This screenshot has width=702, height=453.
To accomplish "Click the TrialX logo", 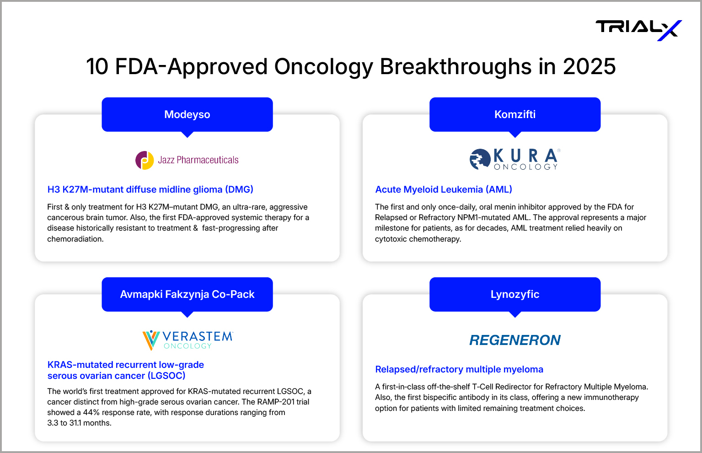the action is [x=638, y=30].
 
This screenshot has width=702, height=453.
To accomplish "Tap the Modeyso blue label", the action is [x=187, y=115].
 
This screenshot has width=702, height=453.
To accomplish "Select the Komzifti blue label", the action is [x=515, y=115].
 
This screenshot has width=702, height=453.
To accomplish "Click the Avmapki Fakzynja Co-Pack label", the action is [x=187, y=294].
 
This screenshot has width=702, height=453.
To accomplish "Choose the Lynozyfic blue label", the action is [x=515, y=294].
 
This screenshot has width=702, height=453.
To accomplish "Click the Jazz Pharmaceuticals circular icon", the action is [x=145, y=160].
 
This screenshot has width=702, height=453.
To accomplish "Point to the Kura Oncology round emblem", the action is [x=480, y=159].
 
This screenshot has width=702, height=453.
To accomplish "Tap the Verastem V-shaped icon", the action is [x=151, y=340].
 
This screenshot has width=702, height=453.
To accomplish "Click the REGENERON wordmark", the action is [x=515, y=340].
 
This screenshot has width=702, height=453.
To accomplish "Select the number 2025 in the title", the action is [x=589, y=66].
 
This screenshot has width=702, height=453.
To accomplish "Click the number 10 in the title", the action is [x=97, y=66].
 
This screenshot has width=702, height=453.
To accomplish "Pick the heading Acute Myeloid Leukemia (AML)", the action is [x=444, y=189].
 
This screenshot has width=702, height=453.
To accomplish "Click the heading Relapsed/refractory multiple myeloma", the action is [x=459, y=369].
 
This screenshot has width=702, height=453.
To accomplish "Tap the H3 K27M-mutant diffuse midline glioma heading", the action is [x=150, y=189].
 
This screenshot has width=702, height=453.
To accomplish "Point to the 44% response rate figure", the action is [x=91, y=412].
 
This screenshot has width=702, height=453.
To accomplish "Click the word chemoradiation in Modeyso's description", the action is [x=75, y=239].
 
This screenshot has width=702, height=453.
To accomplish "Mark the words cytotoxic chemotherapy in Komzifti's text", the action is [x=418, y=239].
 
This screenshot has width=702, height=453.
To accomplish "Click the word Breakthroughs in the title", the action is [x=455, y=66].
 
